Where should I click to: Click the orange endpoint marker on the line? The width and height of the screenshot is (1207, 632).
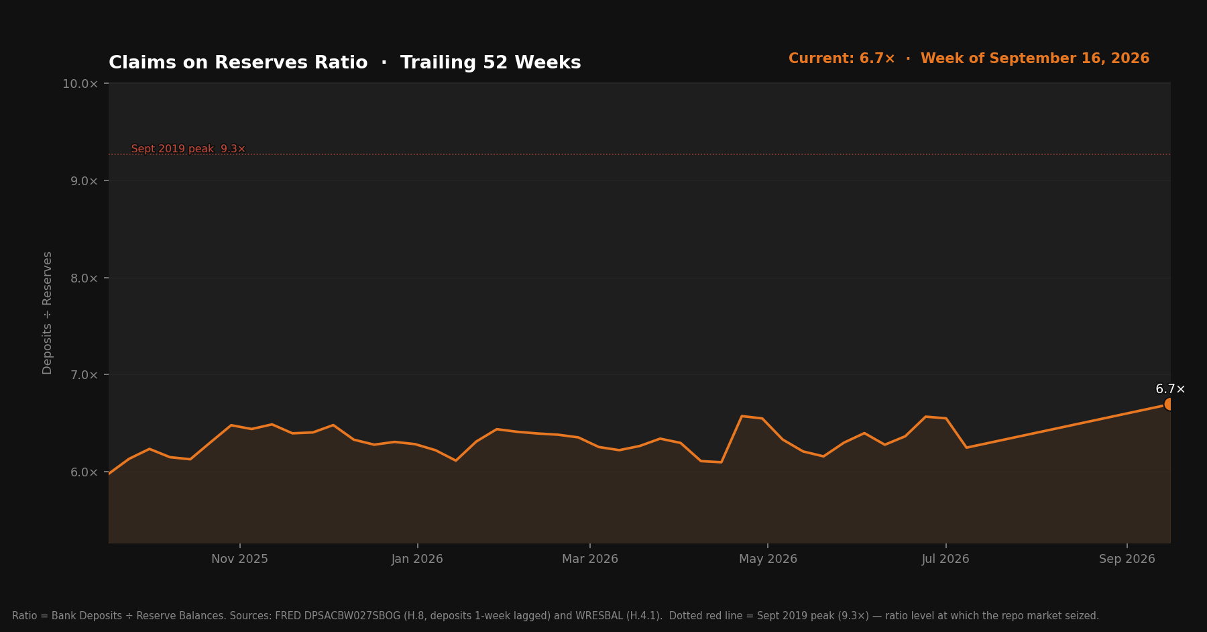tap(1169, 404)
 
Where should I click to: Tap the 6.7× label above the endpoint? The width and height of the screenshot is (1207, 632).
tap(1170, 389)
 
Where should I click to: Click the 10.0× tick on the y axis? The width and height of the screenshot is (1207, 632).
tap(80, 84)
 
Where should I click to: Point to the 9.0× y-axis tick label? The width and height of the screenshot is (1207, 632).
tap(84, 181)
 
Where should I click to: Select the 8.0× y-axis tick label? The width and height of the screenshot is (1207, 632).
tap(84, 278)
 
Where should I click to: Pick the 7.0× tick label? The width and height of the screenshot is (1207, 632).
tap(84, 375)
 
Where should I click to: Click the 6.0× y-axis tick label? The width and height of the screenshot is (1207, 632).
tap(84, 472)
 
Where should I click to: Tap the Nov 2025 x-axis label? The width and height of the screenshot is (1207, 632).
tap(239, 559)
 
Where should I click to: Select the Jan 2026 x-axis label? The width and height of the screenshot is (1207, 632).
tap(417, 559)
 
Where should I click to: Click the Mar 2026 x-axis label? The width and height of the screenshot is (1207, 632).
tap(590, 559)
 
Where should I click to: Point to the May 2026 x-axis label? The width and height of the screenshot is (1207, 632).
tap(768, 559)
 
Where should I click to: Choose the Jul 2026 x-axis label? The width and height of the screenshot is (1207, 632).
tap(945, 559)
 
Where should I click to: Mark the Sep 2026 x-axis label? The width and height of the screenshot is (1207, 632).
tap(1127, 559)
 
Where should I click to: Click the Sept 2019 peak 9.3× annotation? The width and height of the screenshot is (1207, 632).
tap(188, 149)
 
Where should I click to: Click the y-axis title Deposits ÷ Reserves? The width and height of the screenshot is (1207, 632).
tap(47, 313)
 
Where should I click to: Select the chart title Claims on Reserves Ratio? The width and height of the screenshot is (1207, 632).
tap(238, 62)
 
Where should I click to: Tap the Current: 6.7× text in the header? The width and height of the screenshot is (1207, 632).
tap(842, 58)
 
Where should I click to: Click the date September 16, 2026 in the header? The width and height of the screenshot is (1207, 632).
tap(1070, 58)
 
